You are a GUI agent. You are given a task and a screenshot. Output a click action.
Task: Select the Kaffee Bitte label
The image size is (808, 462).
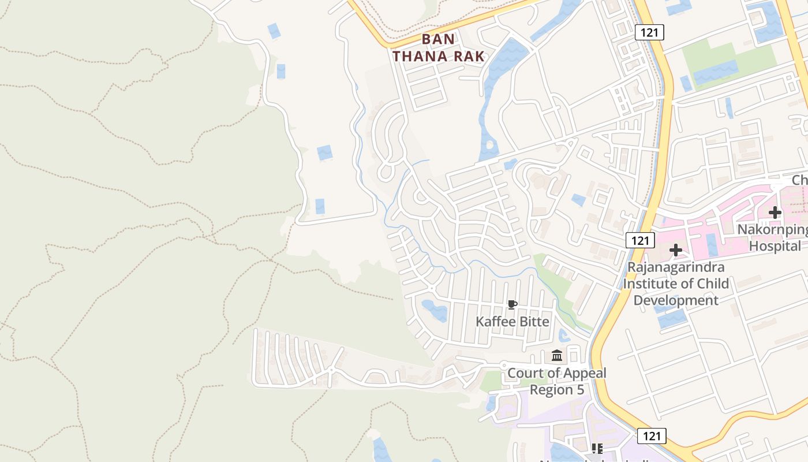(x=513, y=322)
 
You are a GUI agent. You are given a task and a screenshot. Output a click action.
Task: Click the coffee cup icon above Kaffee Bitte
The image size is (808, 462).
(x=511, y=304)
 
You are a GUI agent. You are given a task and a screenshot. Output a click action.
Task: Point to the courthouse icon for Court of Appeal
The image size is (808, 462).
(x=557, y=355)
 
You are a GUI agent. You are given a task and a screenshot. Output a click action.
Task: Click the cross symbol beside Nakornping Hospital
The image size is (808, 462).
(x=775, y=213)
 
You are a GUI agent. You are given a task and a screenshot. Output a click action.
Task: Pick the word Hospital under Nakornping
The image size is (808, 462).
(x=775, y=246)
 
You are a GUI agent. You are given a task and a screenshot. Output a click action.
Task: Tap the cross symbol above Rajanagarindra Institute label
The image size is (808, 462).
(x=675, y=250)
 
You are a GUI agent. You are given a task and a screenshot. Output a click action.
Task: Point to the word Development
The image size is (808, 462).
(x=676, y=300)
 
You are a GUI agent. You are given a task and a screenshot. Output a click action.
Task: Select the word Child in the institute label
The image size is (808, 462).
(x=712, y=284)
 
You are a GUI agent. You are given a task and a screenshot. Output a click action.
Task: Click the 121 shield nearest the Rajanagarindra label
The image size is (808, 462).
(x=639, y=240)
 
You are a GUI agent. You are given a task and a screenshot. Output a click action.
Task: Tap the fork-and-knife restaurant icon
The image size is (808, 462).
(x=597, y=448)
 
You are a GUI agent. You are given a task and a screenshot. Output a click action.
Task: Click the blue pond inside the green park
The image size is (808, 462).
(x=716, y=72)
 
